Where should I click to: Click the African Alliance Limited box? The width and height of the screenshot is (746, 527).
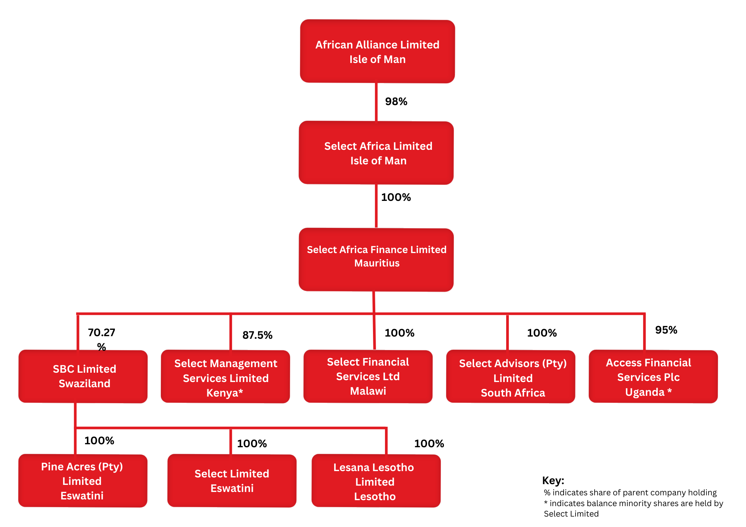[x=377, y=51]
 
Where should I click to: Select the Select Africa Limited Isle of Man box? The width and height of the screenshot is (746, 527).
[x=376, y=153]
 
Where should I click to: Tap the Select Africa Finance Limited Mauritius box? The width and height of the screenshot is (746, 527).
[x=376, y=260]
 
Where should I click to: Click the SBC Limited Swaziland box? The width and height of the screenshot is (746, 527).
[x=83, y=376]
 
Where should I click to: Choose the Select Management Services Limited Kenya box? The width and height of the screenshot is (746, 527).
[x=225, y=376]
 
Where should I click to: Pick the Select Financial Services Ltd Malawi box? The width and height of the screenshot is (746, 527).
[x=368, y=376]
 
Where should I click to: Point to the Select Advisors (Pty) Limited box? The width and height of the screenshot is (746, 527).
[x=511, y=376]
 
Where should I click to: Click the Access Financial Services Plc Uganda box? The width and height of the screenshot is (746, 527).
[x=653, y=376]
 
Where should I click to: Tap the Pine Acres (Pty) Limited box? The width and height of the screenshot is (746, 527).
[x=83, y=481]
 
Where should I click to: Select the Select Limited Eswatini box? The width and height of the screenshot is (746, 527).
[x=232, y=481]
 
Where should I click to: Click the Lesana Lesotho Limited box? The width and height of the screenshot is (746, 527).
[x=376, y=481]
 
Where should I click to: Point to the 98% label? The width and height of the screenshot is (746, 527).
[x=396, y=101]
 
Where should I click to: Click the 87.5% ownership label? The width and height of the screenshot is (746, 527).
[x=257, y=335]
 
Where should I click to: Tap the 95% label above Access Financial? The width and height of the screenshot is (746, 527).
[x=666, y=330]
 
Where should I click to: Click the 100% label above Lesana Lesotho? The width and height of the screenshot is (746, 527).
[x=429, y=444]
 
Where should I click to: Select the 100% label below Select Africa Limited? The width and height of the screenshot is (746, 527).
[x=396, y=197]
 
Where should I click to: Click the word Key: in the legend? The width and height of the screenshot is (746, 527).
[x=553, y=480]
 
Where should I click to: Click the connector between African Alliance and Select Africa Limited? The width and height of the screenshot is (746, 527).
[x=376, y=102]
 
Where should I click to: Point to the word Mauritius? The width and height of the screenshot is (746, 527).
[x=377, y=263]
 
